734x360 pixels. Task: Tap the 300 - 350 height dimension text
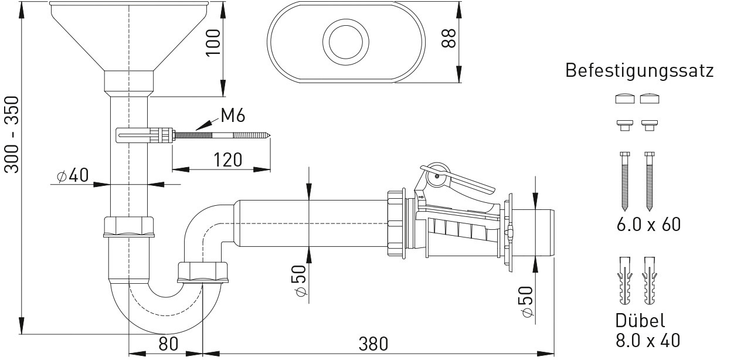[12, 135]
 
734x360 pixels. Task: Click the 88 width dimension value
[448, 39]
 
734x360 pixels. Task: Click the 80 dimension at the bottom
[168, 344]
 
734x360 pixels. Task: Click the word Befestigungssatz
[639, 71]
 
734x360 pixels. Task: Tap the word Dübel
[640, 321]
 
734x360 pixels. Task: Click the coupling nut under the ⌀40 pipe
[128, 226]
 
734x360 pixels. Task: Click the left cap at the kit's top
[625, 98]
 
